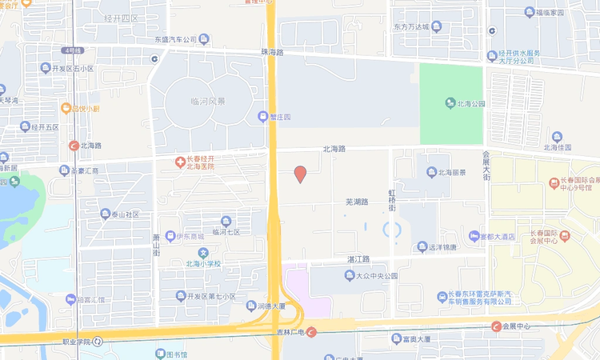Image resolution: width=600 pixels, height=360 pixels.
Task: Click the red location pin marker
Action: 300,174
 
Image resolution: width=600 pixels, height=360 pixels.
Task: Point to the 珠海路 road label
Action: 272,52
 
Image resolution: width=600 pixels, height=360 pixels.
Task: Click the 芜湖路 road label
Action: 356,202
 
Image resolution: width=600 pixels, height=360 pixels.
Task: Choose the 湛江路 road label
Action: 358,259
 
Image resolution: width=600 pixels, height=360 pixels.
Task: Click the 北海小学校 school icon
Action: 203,253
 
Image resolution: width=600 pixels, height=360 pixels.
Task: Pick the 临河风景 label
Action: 207,102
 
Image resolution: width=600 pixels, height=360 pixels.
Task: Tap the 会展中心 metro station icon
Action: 496,326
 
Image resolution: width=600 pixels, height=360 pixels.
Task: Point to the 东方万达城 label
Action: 411,27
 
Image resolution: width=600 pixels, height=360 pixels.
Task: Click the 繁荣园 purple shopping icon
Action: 262,116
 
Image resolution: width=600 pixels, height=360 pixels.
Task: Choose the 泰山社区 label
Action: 125,214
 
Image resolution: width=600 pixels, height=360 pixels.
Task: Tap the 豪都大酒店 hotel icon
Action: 474,236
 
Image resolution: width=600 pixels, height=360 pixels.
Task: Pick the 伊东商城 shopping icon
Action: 170,236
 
